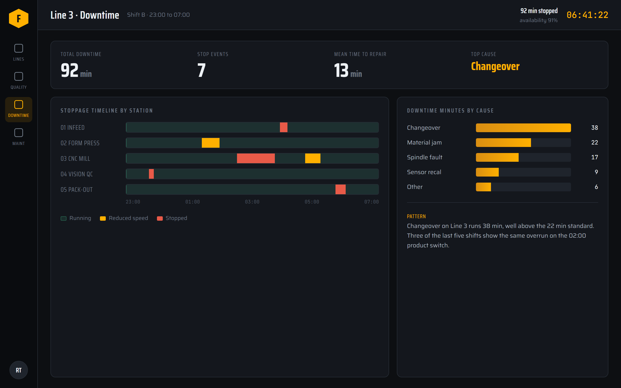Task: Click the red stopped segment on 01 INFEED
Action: point(284,127)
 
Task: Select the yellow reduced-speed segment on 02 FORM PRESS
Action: point(210,143)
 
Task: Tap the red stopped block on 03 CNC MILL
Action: point(256,158)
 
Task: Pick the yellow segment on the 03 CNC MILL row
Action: point(312,158)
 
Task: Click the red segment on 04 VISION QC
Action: point(151,174)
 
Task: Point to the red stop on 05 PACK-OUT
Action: point(341,189)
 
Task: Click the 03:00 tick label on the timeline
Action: point(252,202)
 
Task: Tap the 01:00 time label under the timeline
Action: point(192,202)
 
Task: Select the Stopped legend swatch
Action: point(160,218)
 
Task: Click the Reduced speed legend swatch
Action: point(103,218)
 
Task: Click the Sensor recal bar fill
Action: point(487,172)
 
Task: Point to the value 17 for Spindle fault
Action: point(595,157)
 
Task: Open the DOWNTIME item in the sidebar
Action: point(19,110)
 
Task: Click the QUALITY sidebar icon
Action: point(19,76)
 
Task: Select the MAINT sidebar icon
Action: point(19,133)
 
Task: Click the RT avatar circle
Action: point(19,370)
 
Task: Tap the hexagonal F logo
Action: point(19,18)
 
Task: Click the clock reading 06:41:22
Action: point(587,15)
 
